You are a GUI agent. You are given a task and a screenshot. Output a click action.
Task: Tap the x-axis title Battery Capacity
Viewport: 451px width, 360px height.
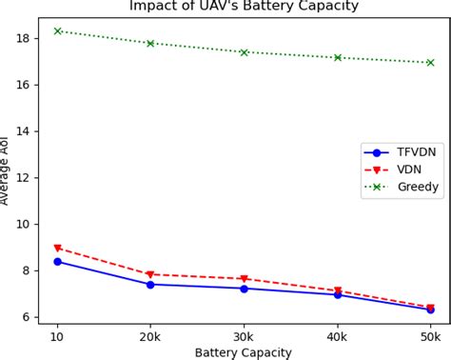[x=244, y=352]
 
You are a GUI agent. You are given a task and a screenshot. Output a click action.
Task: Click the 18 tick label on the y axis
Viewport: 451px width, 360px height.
[x=24, y=39]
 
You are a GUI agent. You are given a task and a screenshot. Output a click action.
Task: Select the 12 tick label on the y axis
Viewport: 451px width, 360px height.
[x=24, y=178]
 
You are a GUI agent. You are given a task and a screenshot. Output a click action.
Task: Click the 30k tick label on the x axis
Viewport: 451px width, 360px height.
[x=244, y=335]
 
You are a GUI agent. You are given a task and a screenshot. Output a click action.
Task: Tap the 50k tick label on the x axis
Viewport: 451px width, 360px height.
[x=430, y=335]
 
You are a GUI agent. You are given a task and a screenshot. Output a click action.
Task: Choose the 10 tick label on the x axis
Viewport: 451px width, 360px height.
[x=57, y=335]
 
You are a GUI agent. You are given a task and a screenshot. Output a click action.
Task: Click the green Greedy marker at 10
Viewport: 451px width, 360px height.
[x=57, y=31]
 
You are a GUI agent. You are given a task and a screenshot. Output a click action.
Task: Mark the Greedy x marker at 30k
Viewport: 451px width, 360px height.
[x=244, y=52]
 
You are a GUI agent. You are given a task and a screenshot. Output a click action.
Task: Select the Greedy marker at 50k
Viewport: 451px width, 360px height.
[x=430, y=63]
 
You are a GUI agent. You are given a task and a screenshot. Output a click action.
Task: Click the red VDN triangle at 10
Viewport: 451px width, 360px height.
[x=57, y=249]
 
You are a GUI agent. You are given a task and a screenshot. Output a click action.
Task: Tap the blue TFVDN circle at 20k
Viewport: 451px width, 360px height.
[x=150, y=284]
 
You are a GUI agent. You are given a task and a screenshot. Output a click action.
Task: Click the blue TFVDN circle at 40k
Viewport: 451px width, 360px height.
[x=337, y=294]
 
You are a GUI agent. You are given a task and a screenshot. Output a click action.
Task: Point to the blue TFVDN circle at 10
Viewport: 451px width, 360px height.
[x=57, y=261]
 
